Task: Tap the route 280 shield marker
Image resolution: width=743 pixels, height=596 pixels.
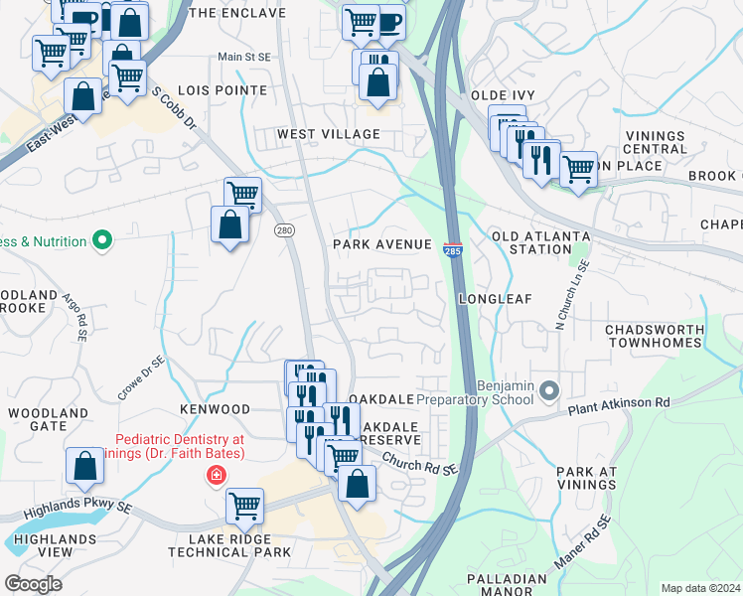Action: click(x=285, y=230)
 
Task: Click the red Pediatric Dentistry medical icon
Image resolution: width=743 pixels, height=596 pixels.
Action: click(x=215, y=476)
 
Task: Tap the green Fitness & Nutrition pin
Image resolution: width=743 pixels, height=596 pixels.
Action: click(x=101, y=240)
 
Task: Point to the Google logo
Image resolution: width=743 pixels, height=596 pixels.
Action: click(x=33, y=584)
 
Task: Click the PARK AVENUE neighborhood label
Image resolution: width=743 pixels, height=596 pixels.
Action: click(x=382, y=244)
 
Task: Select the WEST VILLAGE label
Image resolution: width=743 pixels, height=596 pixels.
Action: click(x=329, y=134)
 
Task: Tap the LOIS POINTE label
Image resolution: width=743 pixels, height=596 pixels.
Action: click(x=224, y=90)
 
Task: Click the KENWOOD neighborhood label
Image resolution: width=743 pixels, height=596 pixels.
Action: click(x=215, y=409)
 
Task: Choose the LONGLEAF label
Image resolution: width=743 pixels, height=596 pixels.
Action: click(x=496, y=298)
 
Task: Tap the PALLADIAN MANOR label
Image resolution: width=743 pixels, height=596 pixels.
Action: click(x=510, y=585)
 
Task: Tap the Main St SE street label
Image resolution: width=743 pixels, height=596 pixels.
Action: click(x=243, y=58)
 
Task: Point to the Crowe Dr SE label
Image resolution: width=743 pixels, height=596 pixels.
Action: click(x=140, y=378)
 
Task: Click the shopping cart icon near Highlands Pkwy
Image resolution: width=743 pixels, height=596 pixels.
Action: click(x=244, y=506)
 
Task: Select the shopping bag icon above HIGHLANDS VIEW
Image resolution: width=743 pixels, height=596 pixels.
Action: click(x=85, y=465)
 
